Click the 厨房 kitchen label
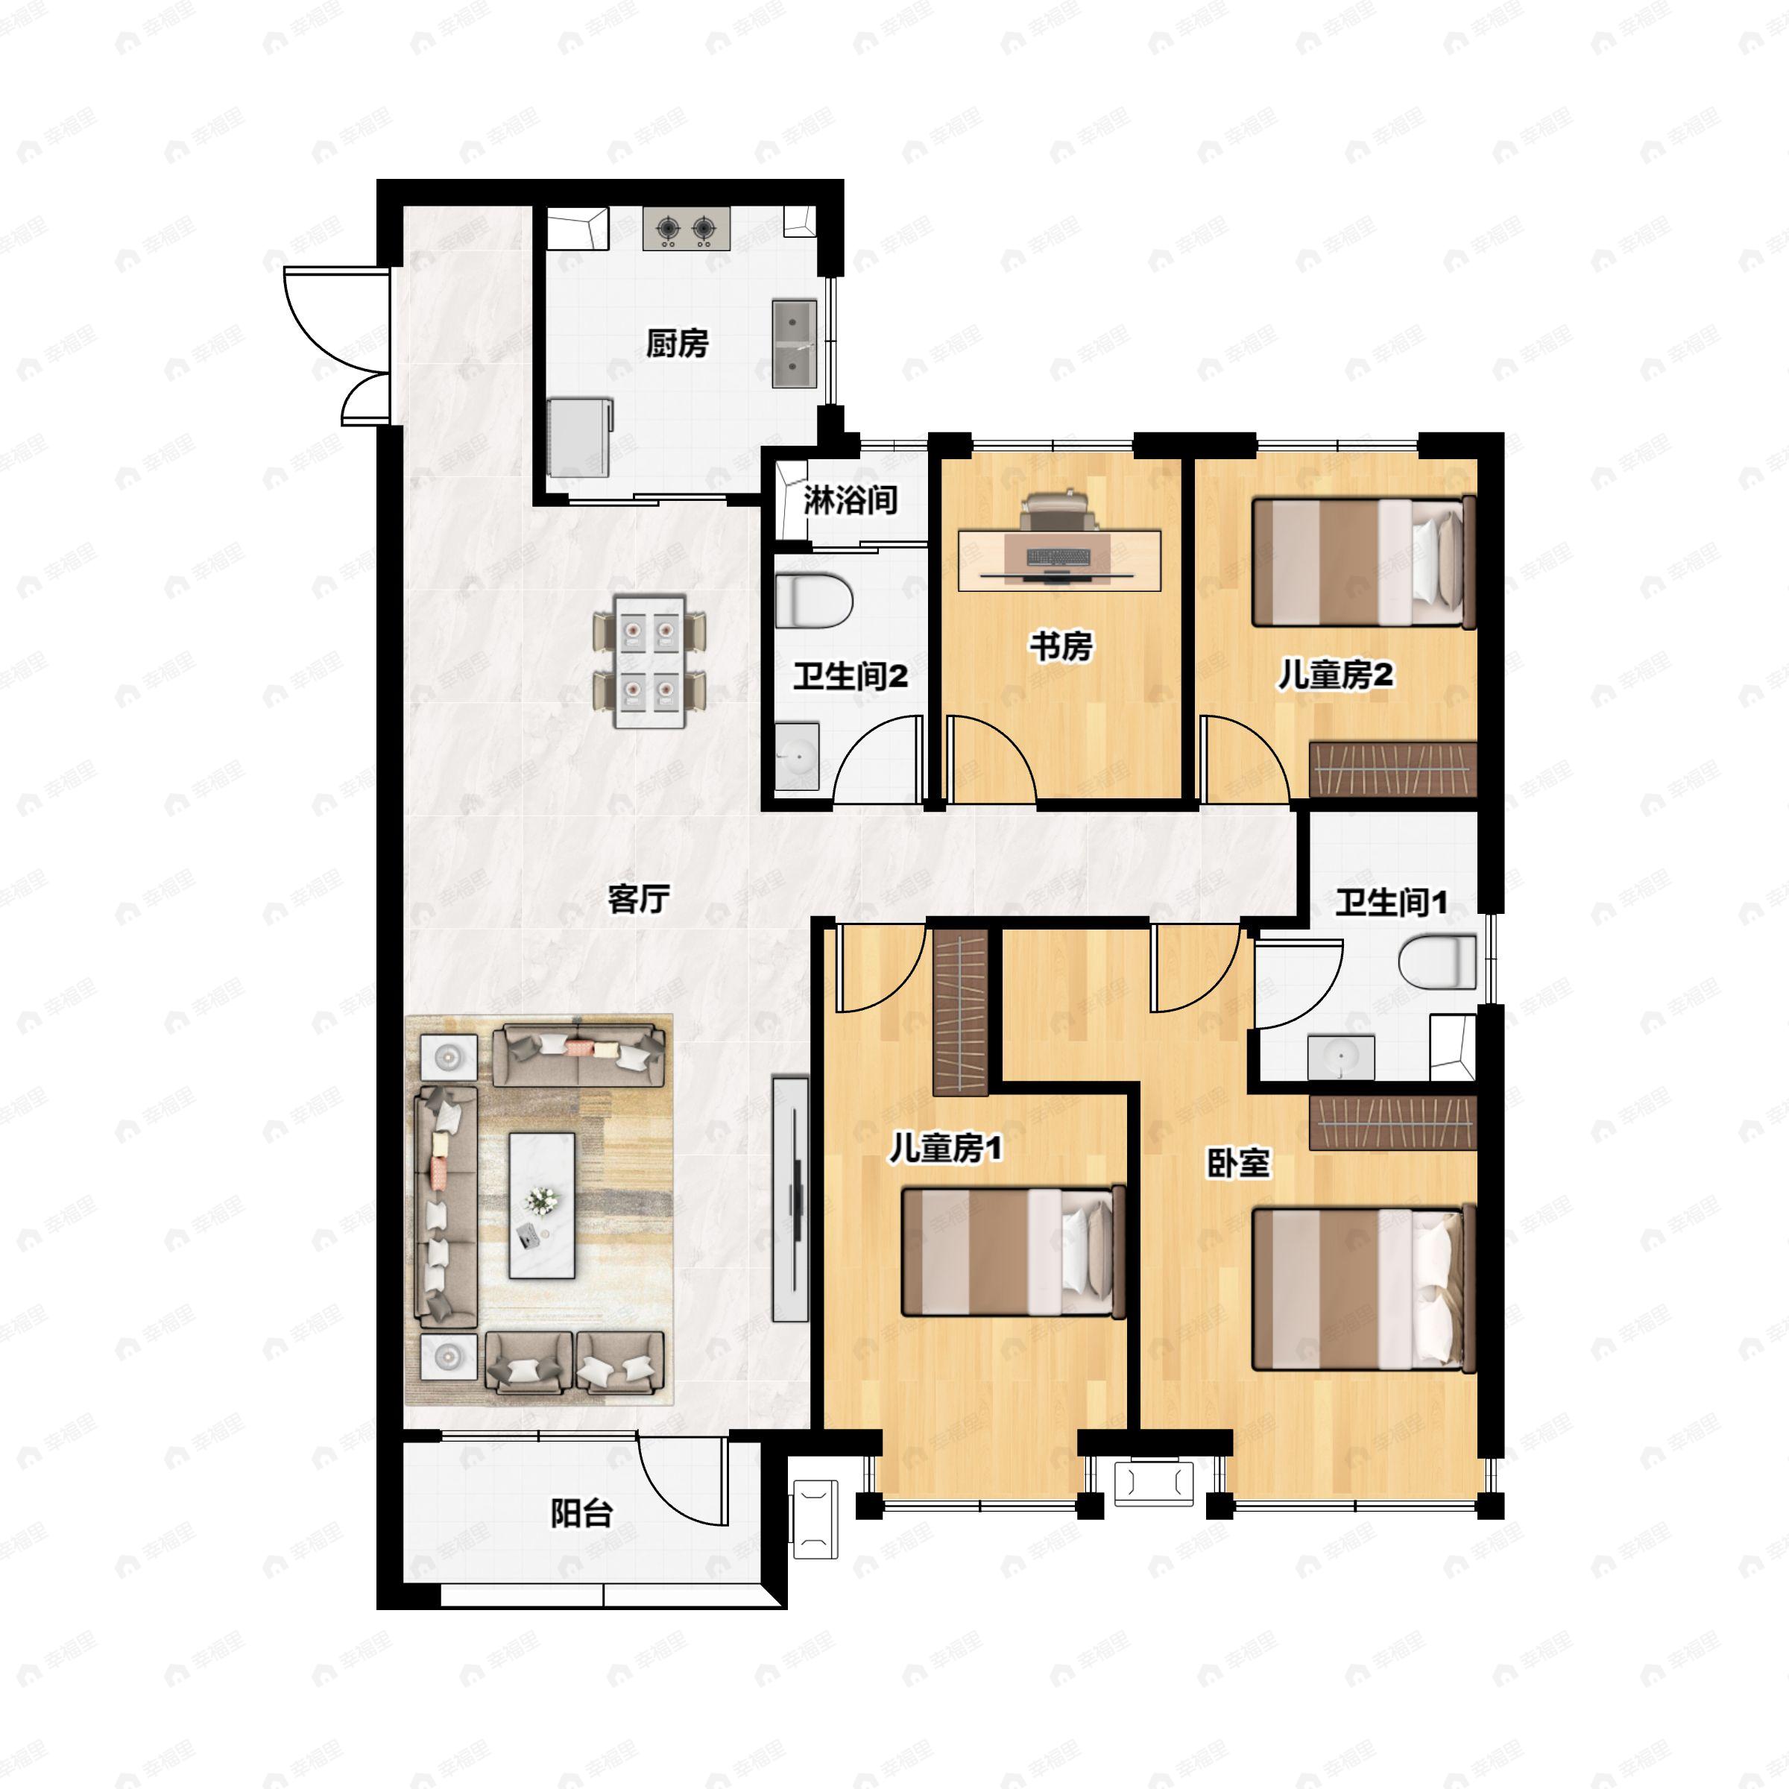[677, 344]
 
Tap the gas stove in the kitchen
[686, 228]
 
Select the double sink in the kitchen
[795, 343]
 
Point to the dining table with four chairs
[650, 661]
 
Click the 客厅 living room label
[638, 898]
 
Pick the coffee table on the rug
[543, 1205]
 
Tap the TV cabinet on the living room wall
[791, 1197]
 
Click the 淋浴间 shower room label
[850, 500]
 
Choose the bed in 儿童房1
[1014, 1252]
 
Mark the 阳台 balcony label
[581, 1513]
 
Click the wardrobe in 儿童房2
[1392, 769]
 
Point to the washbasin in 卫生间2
[796, 757]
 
